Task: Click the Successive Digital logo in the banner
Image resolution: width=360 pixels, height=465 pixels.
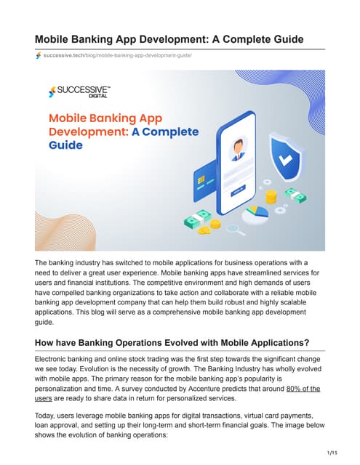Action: tap(78, 92)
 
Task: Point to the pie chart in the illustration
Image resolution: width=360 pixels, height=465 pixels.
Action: tap(257, 215)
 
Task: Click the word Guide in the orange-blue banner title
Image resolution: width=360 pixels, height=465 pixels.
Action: tap(65, 145)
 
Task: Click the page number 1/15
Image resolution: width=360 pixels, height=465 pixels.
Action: tap(332, 453)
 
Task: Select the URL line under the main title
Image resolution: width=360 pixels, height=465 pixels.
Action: tap(116, 56)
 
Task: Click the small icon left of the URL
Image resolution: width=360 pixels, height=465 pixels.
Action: tap(38, 56)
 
